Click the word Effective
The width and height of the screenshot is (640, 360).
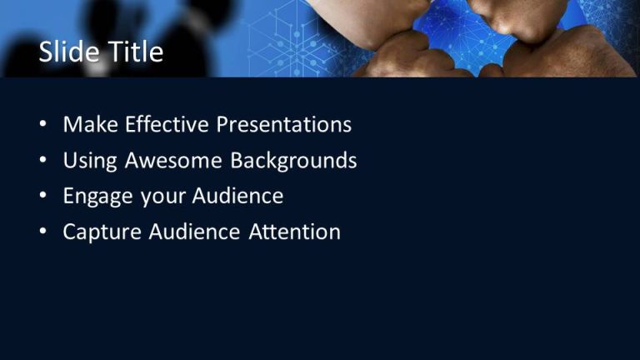point(167,125)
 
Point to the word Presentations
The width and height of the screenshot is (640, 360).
point(284,125)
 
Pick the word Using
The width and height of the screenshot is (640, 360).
point(90,161)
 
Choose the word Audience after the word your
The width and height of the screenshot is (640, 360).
point(238,197)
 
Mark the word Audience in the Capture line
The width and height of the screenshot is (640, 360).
point(194,232)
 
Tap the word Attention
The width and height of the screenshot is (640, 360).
point(295,232)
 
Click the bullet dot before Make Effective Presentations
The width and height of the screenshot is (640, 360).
point(42,126)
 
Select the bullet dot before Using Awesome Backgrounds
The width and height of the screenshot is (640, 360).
point(42,162)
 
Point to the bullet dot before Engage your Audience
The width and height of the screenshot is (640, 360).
point(42,197)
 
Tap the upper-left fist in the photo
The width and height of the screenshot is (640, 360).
point(379,21)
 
